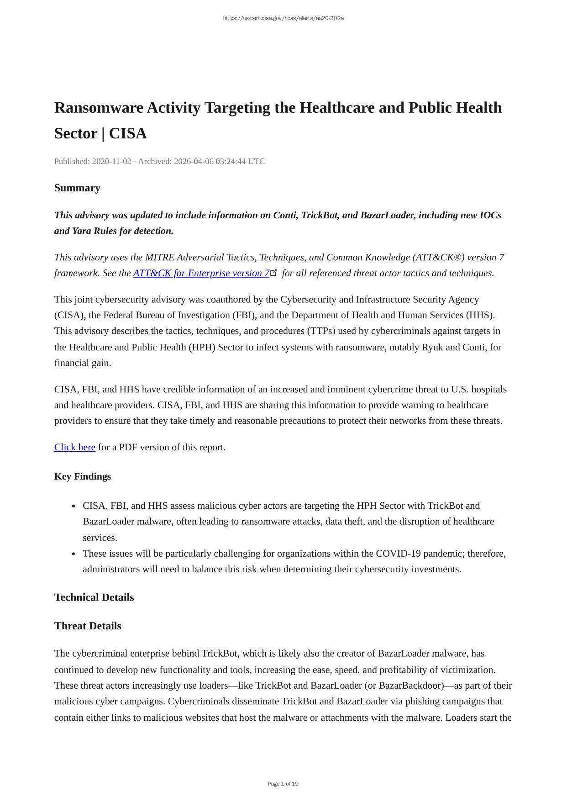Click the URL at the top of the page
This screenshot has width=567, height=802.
pyautogui.click(x=283, y=18)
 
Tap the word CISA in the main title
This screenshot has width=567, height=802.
pyautogui.click(x=128, y=134)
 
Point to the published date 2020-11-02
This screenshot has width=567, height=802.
pyautogui.click(x=111, y=161)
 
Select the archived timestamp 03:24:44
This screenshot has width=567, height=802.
pyautogui.click(x=231, y=161)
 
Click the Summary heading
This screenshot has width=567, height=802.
pyautogui.click(x=77, y=188)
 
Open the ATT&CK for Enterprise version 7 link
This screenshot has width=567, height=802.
pyautogui.click(x=201, y=273)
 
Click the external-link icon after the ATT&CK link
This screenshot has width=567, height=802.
pyautogui.click(x=274, y=273)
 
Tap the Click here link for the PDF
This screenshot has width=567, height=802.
pyautogui.click(x=75, y=447)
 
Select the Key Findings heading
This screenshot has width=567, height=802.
pyautogui.click(x=83, y=476)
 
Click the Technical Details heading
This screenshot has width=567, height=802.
pyautogui.click(x=94, y=597)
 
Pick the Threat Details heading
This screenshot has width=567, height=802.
pyautogui.click(x=88, y=626)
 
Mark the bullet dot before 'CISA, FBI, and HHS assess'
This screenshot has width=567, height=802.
pyautogui.click(x=74, y=506)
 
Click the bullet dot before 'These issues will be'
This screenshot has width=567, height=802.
pyautogui.click(x=74, y=554)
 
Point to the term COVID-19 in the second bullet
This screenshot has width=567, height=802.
pyautogui.click(x=398, y=554)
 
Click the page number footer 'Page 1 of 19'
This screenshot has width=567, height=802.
pyautogui.click(x=283, y=784)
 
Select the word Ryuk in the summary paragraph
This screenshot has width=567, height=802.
pyautogui.click(x=432, y=347)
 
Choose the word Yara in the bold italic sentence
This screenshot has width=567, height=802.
pyautogui.click(x=84, y=231)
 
